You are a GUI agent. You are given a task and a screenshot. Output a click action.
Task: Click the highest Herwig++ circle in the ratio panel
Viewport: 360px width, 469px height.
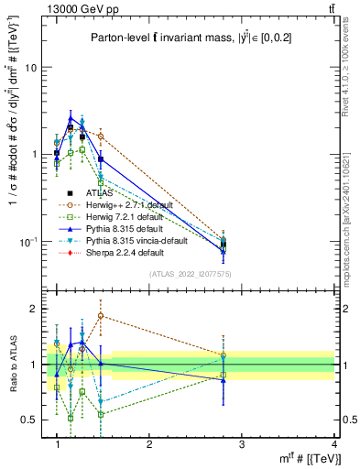click(x=101, y=316)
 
